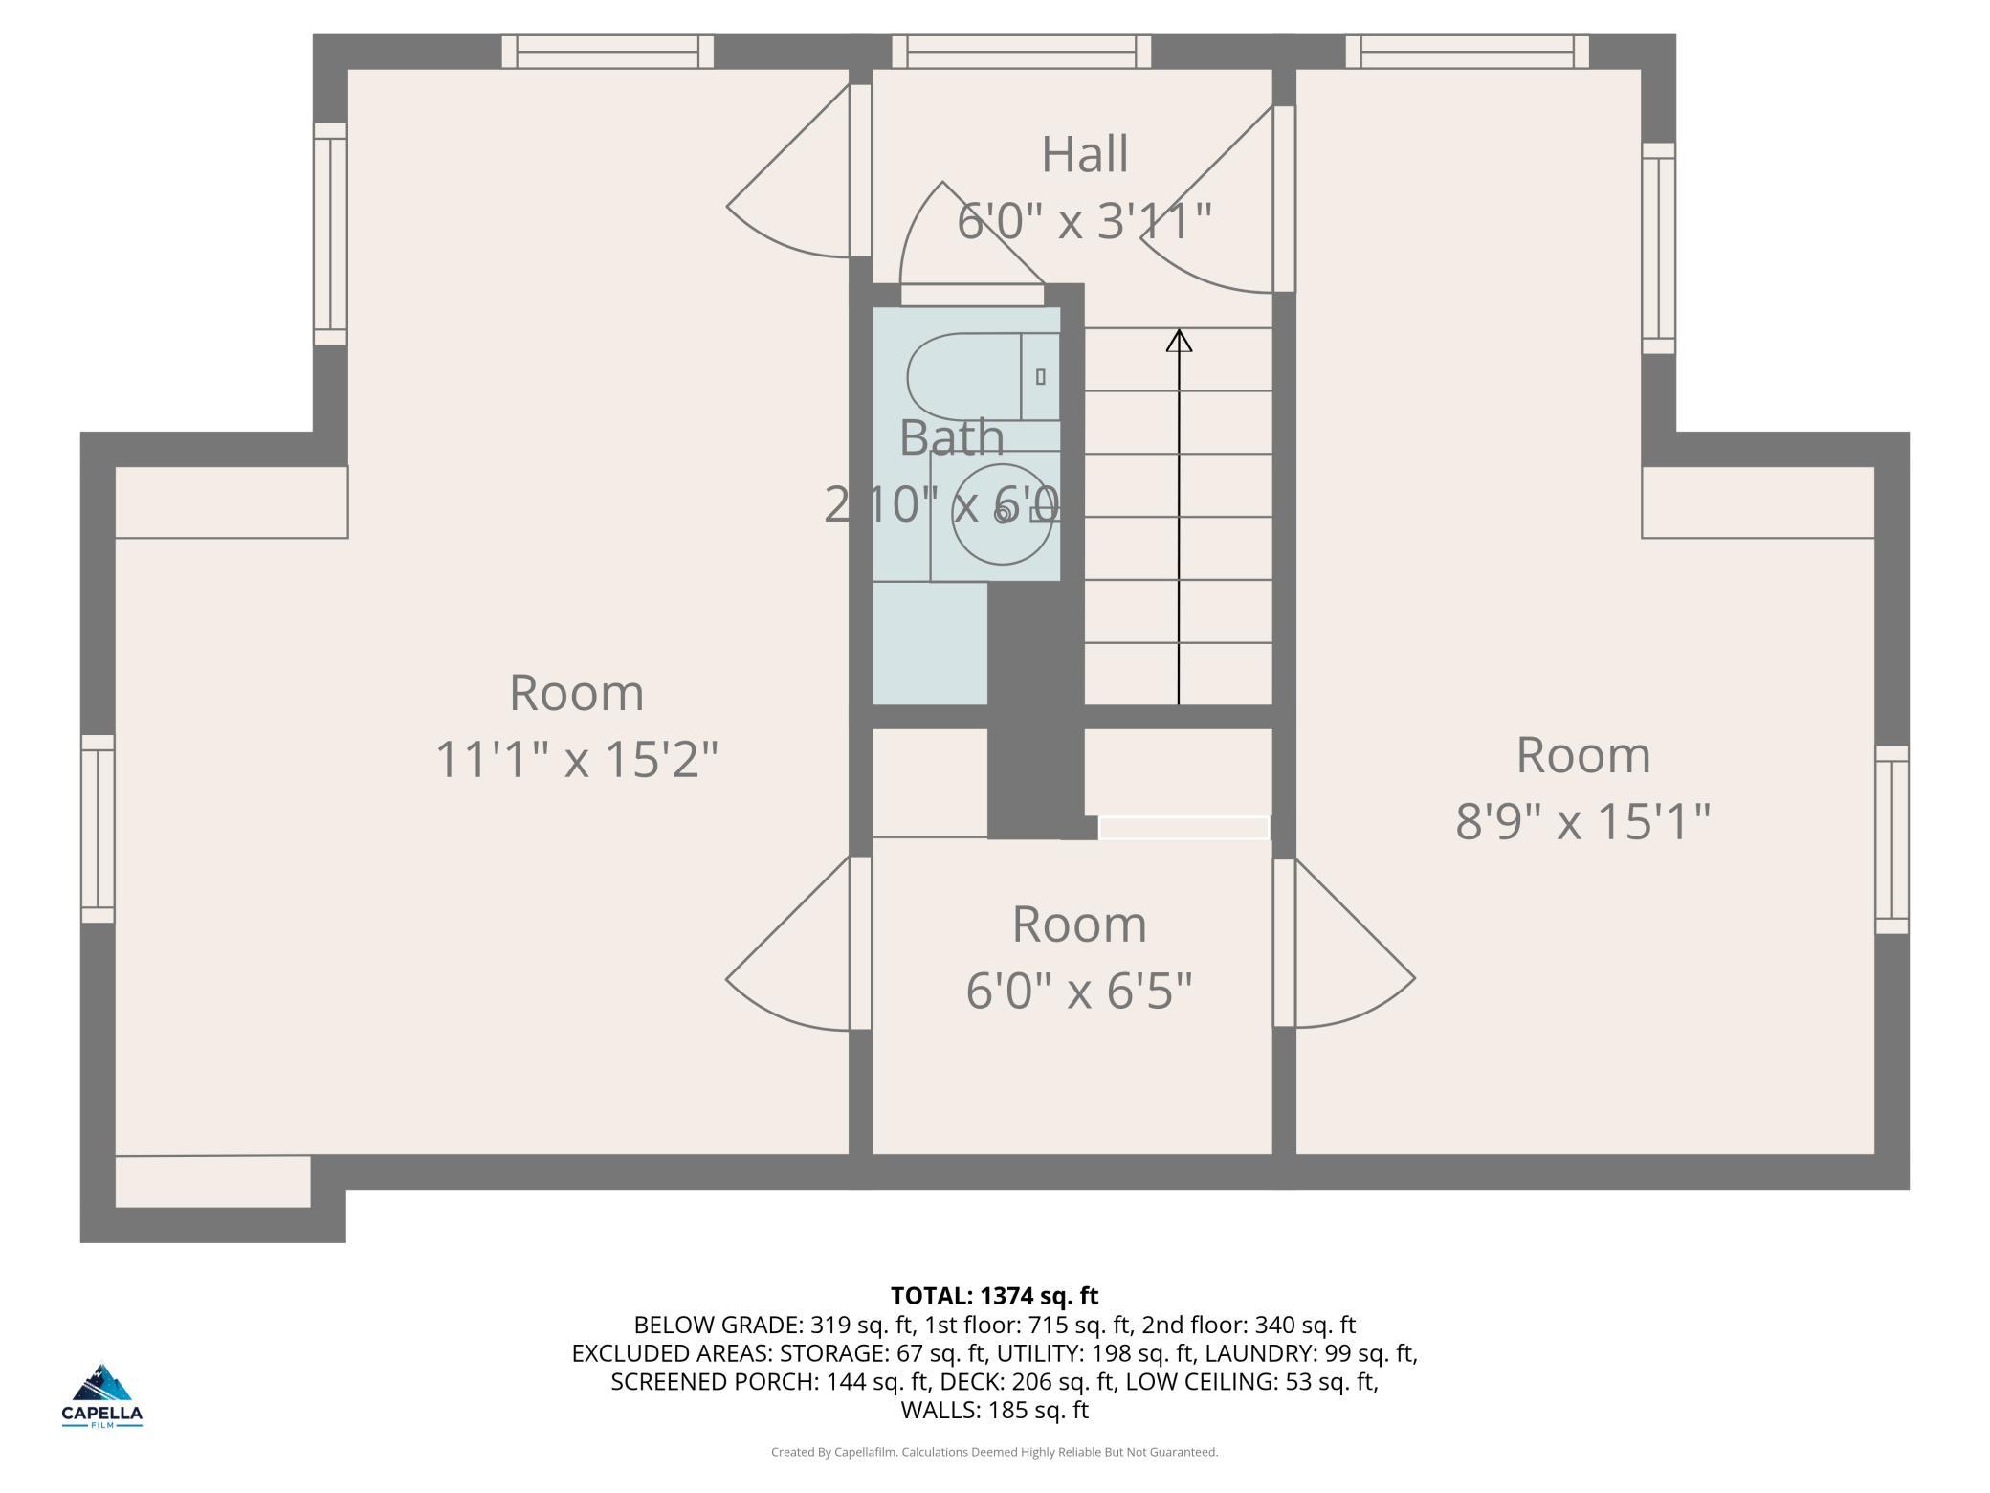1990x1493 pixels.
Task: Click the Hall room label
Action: (1084, 154)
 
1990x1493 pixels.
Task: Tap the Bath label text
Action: (952, 438)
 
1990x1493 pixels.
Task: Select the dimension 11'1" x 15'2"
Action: (576, 759)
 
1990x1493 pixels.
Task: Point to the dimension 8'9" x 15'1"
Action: (1582, 821)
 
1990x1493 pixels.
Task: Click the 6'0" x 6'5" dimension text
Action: (1079, 991)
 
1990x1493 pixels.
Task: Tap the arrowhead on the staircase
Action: (1179, 341)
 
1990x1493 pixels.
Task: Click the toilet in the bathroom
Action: (983, 376)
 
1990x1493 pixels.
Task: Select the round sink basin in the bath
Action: (994, 515)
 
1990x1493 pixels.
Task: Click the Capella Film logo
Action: (102, 1394)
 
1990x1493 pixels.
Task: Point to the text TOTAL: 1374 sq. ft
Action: (994, 1296)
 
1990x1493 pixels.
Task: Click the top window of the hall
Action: (1021, 52)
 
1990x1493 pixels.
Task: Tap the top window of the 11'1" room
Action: (608, 52)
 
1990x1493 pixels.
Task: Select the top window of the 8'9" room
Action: (1467, 52)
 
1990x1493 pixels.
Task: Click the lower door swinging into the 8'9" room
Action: (1343, 943)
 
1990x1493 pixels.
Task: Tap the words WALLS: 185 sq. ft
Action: (994, 1410)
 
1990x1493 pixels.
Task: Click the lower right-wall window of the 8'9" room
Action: (1891, 839)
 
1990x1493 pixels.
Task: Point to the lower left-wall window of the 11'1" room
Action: (98, 829)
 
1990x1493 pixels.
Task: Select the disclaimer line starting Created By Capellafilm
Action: (994, 1452)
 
